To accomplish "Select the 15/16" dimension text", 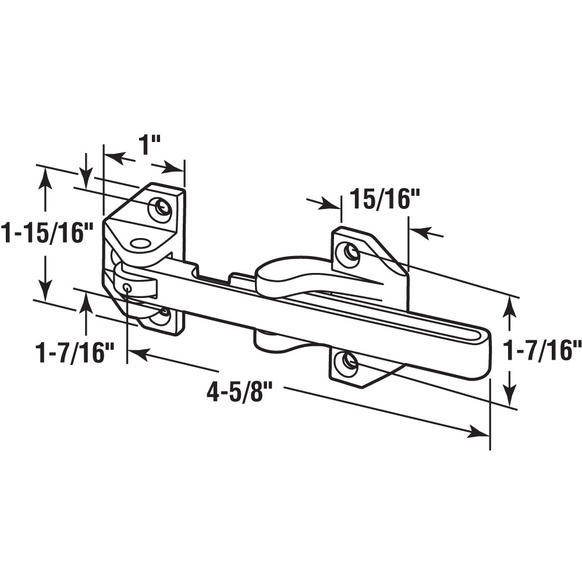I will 384,200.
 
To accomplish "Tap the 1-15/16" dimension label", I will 47,233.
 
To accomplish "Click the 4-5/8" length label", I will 240,392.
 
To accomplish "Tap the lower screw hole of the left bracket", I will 160,316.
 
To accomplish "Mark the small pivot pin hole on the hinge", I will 127,286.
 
